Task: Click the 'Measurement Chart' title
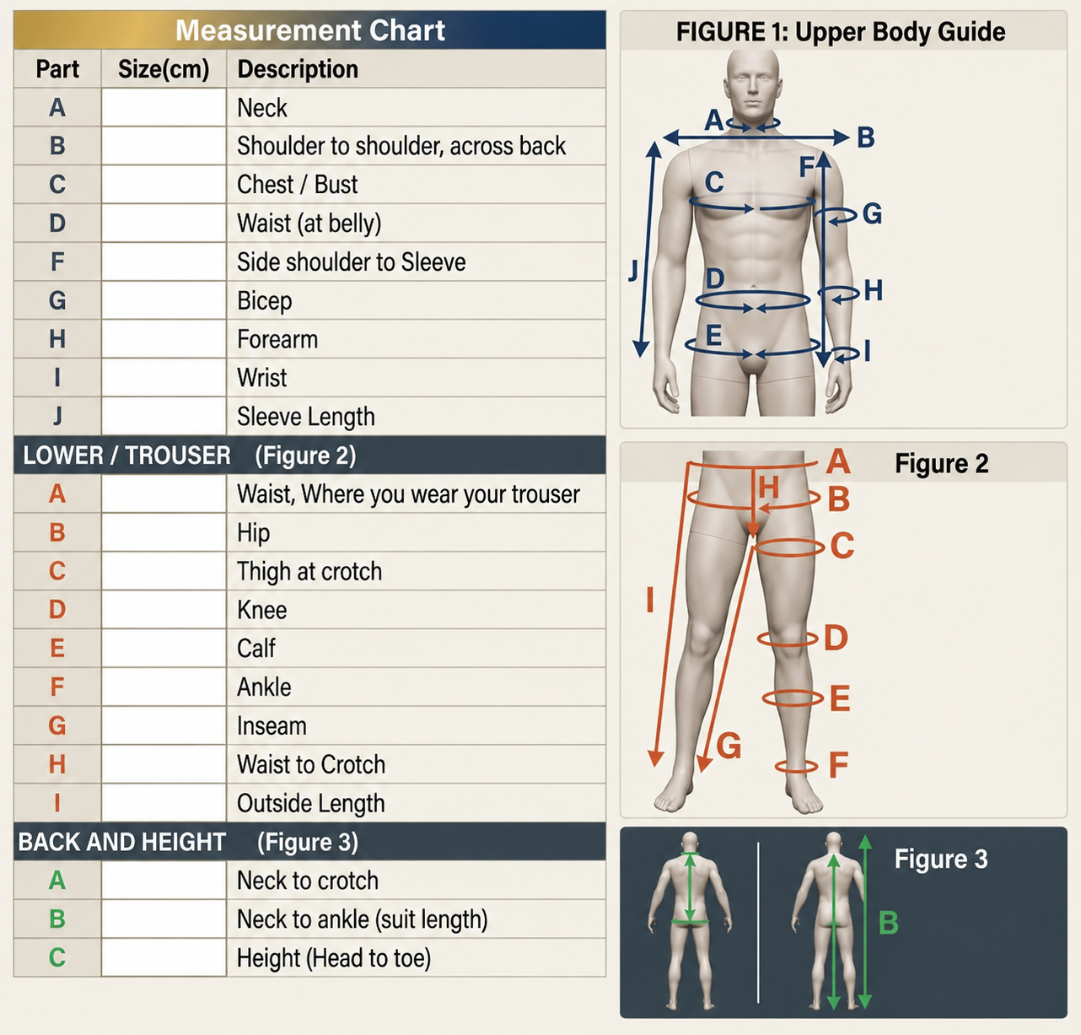[x=310, y=30]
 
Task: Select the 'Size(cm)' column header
[x=164, y=69]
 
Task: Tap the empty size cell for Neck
[x=164, y=107]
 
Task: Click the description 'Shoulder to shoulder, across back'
[x=401, y=146]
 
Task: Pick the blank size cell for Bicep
[x=164, y=300]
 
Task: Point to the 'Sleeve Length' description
[x=306, y=417]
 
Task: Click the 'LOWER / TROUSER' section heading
[x=126, y=456]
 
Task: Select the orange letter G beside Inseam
[x=57, y=725]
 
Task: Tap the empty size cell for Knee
[x=164, y=610]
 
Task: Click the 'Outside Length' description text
[x=311, y=803]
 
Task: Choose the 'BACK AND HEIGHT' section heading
[x=121, y=842]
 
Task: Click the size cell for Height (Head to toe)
[x=164, y=957]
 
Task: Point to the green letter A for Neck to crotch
[x=57, y=881]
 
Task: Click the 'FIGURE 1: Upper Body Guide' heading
[x=841, y=32]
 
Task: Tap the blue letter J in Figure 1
[x=633, y=272]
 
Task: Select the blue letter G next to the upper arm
[x=872, y=214]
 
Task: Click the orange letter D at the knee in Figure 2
[x=836, y=638]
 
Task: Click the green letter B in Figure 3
[x=888, y=923]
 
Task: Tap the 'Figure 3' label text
[x=941, y=859]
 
